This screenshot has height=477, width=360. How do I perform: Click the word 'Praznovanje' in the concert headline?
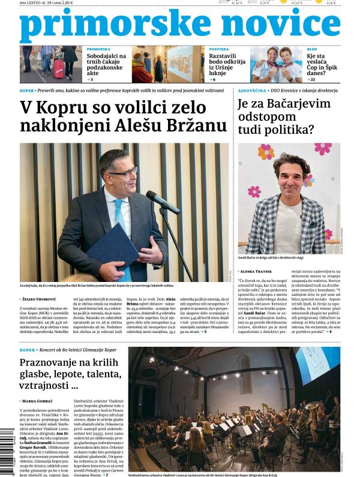(51, 364)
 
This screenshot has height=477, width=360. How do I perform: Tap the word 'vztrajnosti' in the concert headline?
(41, 386)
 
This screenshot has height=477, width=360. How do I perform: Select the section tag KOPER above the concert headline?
(27, 350)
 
